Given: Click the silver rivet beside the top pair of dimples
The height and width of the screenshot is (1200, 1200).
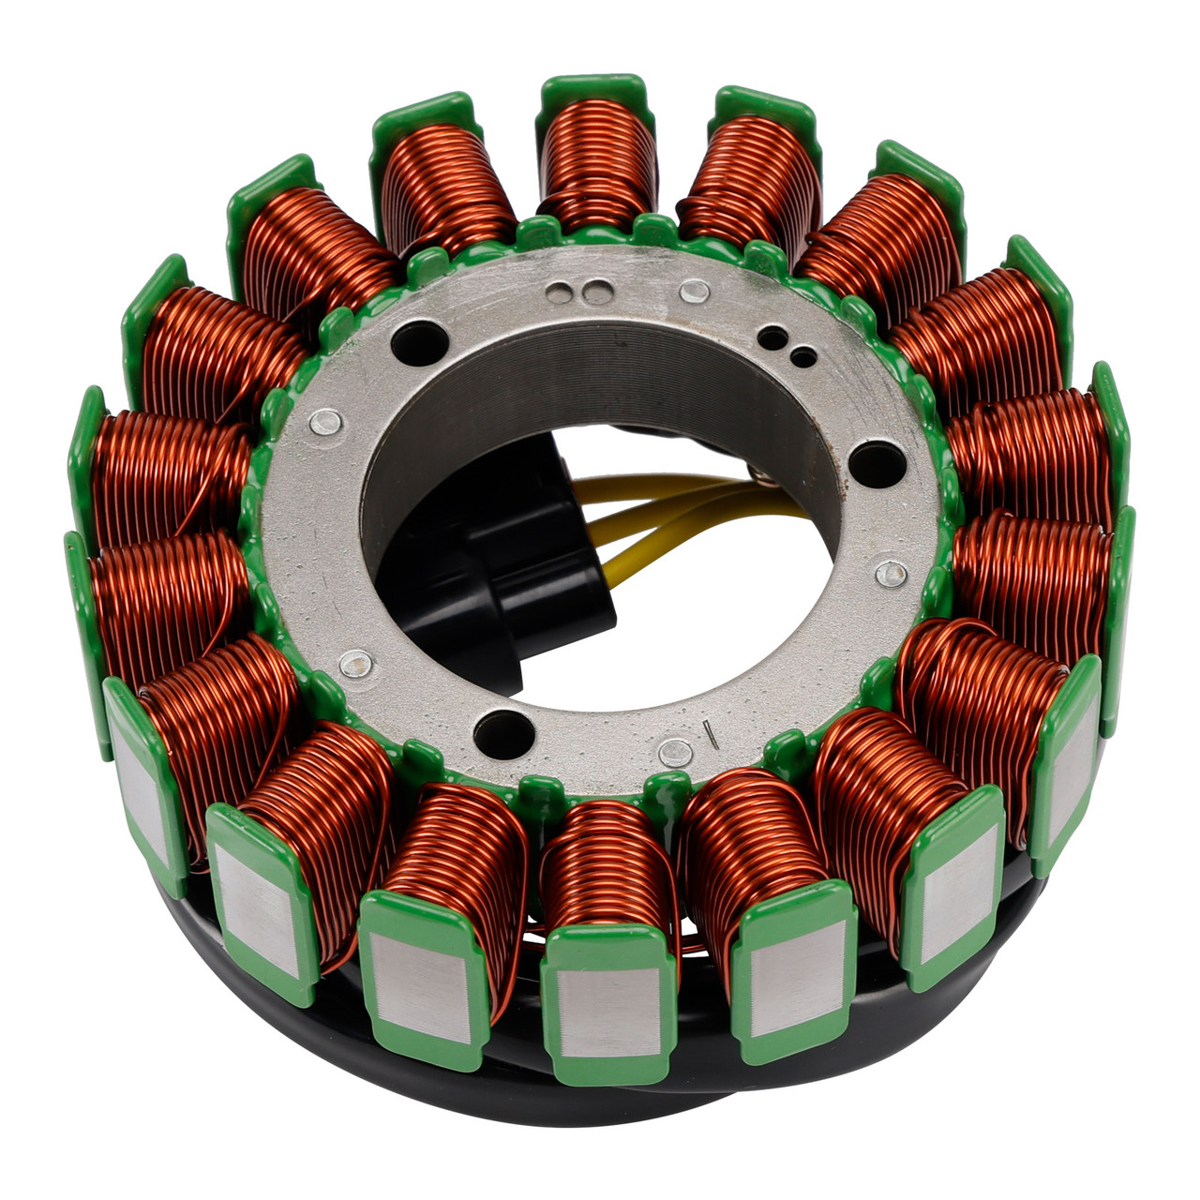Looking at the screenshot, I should coord(694,292).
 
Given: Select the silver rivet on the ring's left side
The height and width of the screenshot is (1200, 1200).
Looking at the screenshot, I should coord(324,424).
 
